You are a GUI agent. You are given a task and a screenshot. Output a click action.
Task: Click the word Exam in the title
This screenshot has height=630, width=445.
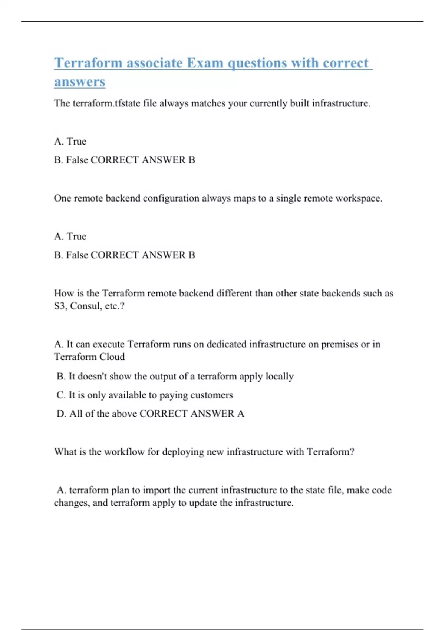click(x=205, y=63)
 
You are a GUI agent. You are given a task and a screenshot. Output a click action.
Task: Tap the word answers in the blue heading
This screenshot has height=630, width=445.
click(x=80, y=82)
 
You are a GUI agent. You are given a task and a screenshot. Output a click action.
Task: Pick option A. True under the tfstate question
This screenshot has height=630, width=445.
click(x=70, y=141)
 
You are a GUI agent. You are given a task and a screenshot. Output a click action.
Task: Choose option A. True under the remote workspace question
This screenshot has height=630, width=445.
click(x=70, y=236)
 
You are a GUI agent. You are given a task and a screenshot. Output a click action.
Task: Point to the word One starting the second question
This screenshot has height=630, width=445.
click(x=62, y=198)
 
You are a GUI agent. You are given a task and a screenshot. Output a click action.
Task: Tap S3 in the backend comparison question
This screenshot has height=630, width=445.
click(x=60, y=306)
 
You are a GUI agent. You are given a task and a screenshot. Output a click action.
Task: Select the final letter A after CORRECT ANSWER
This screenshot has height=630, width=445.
click(x=241, y=414)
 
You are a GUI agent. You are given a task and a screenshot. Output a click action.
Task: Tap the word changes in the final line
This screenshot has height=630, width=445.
click(x=71, y=503)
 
